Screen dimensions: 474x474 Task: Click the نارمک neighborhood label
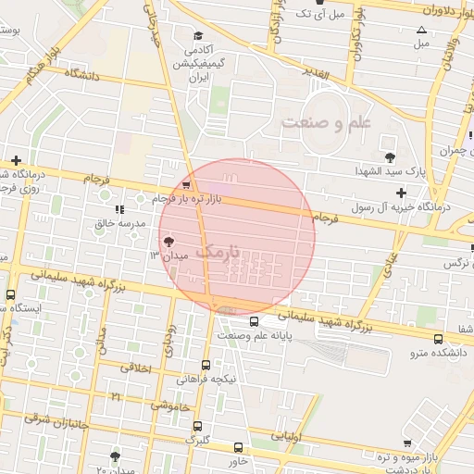(x=218, y=251)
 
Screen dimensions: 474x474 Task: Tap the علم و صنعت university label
(x=326, y=122)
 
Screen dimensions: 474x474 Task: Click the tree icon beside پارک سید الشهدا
(x=389, y=157)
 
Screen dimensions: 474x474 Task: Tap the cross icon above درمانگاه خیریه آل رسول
(x=401, y=193)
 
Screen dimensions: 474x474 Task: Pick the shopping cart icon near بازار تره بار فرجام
(x=187, y=182)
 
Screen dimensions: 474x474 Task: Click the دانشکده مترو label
(x=440, y=353)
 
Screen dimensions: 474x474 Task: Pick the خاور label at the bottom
(x=237, y=459)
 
